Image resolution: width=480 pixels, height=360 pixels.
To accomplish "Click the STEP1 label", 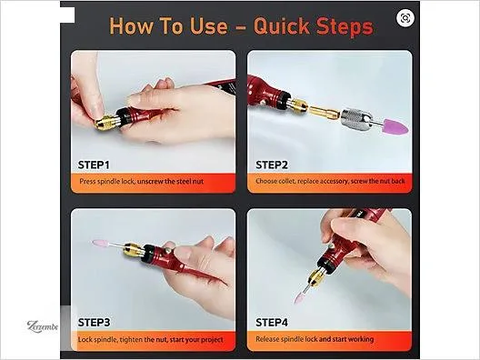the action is click(94, 165).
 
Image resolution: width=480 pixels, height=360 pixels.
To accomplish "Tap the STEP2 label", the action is click(272, 165).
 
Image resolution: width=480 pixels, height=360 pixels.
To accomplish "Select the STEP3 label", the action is click(94, 323).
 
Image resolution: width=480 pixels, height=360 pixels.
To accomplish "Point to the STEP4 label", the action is click(272, 323).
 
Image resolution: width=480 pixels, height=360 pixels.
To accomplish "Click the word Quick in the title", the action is click(282, 26).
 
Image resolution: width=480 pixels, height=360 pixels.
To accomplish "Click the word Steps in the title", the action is click(345, 27).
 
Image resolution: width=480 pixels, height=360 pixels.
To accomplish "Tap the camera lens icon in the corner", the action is click(405, 18).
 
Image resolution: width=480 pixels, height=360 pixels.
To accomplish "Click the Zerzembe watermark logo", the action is click(42, 326).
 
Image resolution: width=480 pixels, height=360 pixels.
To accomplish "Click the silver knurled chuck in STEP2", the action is click(356, 119).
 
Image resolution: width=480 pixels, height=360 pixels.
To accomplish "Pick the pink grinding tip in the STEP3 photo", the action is click(100, 244).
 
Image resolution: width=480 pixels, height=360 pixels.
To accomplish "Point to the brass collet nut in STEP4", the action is click(316, 276).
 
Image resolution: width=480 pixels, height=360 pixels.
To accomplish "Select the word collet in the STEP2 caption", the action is click(287, 181).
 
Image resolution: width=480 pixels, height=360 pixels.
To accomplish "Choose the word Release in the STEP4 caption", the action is click(267, 339).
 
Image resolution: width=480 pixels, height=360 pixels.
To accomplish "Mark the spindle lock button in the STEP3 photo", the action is click(167, 251).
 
